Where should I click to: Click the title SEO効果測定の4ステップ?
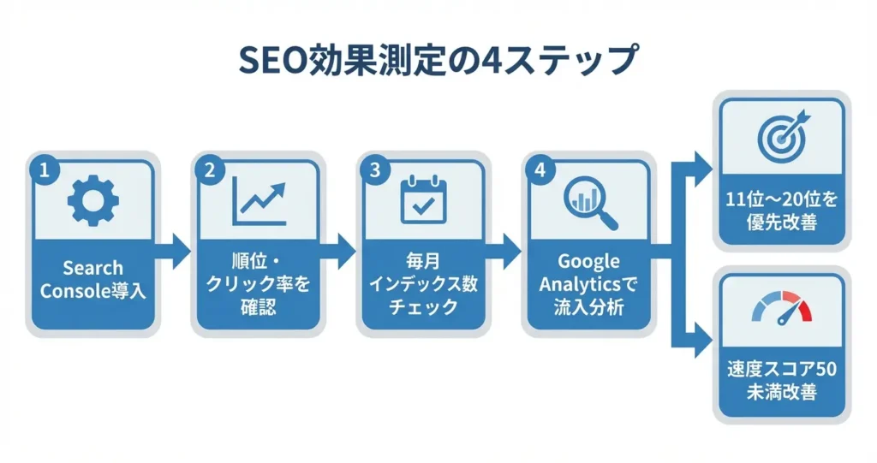pyautogui.click(x=438, y=59)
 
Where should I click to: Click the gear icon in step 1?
pyautogui.click(x=92, y=201)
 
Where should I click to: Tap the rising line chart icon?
pyautogui.click(x=259, y=201)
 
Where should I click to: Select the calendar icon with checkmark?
pyautogui.click(x=424, y=199)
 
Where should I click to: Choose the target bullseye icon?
pyautogui.click(x=783, y=136)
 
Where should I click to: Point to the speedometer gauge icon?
pyautogui.click(x=782, y=307)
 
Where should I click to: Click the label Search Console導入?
pyautogui.click(x=92, y=280)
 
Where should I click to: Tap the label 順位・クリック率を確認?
pyautogui.click(x=259, y=284)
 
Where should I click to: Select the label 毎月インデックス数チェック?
pyautogui.click(x=423, y=284)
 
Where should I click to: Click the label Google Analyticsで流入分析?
pyautogui.click(x=588, y=284)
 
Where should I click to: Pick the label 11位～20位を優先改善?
pyautogui.click(x=782, y=211)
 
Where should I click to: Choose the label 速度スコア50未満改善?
pyautogui.click(x=782, y=380)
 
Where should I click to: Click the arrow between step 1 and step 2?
pyautogui.click(x=173, y=252)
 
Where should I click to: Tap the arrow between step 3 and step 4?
pyautogui.click(x=504, y=252)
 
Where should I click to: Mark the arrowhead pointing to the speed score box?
pyautogui.click(x=704, y=340)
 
